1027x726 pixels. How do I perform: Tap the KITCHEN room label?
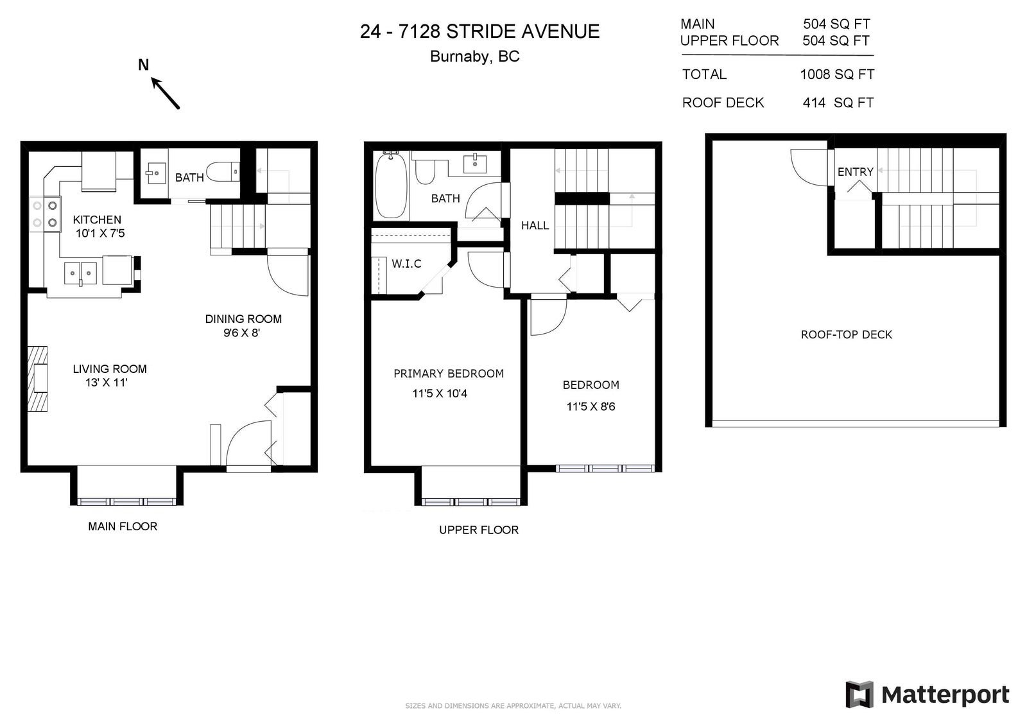pos(97,220)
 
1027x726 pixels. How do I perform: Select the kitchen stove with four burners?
pos(45,214)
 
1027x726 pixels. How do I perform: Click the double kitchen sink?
pos(80,273)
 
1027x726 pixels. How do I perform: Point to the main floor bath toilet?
pos(223,173)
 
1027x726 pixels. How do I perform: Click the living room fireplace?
pos(38,379)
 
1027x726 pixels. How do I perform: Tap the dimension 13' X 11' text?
pos(106,383)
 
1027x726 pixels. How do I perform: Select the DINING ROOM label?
pos(243,319)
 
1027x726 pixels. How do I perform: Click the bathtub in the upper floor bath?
pos(391,184)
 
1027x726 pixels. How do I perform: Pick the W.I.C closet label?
pos(407,264)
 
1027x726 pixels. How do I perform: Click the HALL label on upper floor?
pos(535,225)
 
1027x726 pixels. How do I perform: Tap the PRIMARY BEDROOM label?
pos(449,374)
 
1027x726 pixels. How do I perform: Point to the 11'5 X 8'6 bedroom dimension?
pos(591,406)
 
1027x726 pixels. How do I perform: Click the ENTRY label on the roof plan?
pos(856,172)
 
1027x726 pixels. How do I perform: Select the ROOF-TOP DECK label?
pos(847,335)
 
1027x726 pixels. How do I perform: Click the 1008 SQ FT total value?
pos(837,74)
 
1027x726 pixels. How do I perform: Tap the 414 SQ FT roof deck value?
pos(838,103)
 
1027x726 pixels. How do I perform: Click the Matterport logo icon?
pos(859,695)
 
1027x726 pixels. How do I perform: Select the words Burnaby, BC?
pos(474,56)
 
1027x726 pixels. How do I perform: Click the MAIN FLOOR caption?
pos(123,526)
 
